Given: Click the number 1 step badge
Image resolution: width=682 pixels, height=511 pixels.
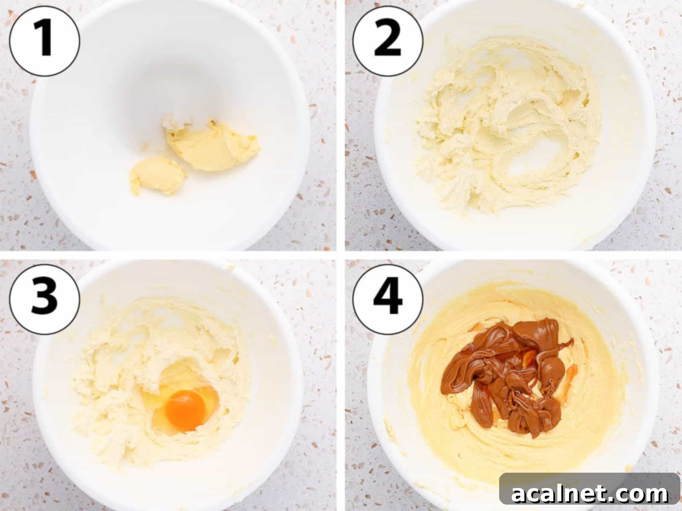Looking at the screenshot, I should (x=44, y=41).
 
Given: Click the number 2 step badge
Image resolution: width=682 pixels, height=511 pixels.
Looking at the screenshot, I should (x=387, y=41).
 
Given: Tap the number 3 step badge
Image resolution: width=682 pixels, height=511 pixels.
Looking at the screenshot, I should (x=44, y=298).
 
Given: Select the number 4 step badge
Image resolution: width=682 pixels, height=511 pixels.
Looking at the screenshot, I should (x=387, y=298).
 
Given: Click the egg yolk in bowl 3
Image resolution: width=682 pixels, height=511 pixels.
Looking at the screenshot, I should (x=185, y=410).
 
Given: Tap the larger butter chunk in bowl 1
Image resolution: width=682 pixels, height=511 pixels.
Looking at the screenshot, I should (x=213, y=147).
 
